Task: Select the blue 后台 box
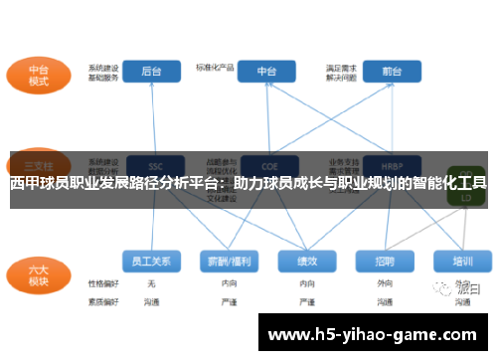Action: click(x=152, y=73)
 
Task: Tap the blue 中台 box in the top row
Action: click(x=267, y=73)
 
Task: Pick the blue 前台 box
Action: click(x=391, y=73)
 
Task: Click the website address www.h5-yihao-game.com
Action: click(x=374, y=333)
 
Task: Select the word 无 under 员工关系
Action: click(x=151, y=283)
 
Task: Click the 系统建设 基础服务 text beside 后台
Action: click(x=103, y=73)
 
